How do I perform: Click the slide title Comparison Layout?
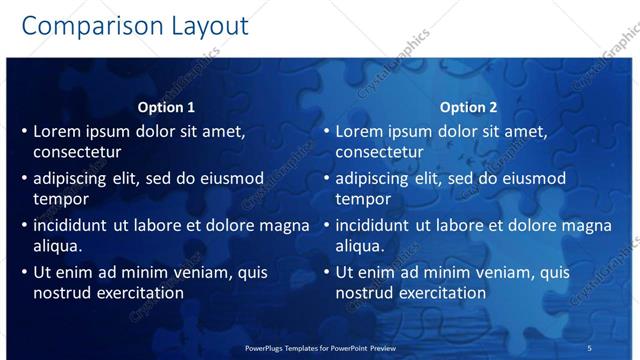(x=136, y=25)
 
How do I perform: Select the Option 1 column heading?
(x=165, y=107)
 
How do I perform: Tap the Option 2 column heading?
(x=467, y=107)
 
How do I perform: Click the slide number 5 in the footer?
(x=589, y=347)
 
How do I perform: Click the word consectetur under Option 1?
(x=77, y=152)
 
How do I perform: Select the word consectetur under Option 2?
(x=379, y=152)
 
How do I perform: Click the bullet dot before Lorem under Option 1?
(x=24, y=132)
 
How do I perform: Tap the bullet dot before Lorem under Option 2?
(x=326, y=132)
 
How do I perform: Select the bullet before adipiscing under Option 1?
(x=24, y=179)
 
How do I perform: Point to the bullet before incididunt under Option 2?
(x=326, y=226)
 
